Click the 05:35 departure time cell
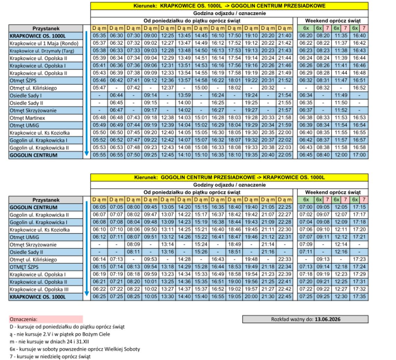pos(99,36)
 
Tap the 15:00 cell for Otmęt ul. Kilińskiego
pos(201,88)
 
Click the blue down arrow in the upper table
pos(87,94)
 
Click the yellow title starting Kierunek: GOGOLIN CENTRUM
pos(229,178)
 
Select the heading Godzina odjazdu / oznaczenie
pos(229,13)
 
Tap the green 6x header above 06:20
pos(306,28)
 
